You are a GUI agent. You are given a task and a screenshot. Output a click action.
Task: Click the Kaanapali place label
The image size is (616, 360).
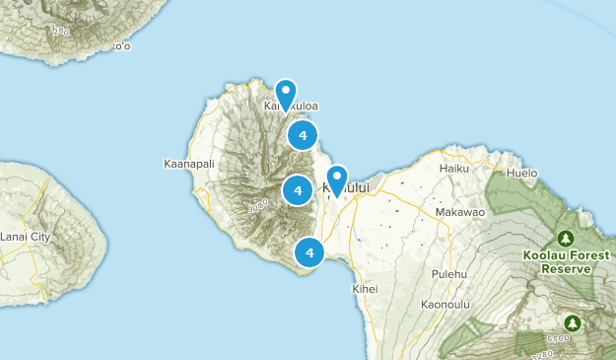(x=187, y=164)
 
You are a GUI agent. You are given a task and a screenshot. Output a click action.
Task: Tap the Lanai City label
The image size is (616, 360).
(x=26, y=238)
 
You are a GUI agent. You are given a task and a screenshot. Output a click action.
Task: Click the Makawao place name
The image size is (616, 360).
(x=459, y=212)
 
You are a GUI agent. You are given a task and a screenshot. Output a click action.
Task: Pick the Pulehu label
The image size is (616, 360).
(x=448, y=273)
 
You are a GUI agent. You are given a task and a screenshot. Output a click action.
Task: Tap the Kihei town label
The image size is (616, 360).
(x=365, y=289)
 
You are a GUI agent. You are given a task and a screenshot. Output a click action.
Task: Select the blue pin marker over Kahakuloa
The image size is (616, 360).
(x=286, y=93)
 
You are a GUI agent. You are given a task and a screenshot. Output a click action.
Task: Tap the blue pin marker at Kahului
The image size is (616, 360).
(x=337, y=179)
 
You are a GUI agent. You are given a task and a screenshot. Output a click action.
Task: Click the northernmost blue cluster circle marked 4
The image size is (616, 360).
(x=303, y=135)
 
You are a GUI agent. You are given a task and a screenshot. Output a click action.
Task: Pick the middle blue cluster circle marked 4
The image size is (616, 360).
(x=297, y=189)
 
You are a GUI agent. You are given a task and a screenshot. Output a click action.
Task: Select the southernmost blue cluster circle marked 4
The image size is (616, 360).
(x=309, y=252)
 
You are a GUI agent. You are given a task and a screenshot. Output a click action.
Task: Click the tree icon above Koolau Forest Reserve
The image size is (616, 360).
(x=566, y=239)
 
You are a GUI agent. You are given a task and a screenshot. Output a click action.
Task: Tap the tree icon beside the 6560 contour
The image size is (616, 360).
(x=572, y=323)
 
